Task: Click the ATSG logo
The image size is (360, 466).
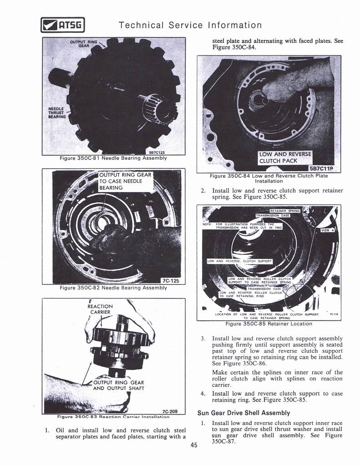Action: click(62, 25)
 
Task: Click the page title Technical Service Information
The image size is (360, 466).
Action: click(190, 25)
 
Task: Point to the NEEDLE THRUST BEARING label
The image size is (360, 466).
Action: click(57, 112)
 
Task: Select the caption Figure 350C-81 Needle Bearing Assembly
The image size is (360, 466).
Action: click(113, 158)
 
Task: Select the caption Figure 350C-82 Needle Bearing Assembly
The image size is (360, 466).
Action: click(113, 288)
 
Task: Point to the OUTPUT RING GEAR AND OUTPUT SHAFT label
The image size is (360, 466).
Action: click(118, 385)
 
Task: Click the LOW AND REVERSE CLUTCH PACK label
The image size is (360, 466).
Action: click(284, 157)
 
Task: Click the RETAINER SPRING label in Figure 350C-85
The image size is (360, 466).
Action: click(285, 211)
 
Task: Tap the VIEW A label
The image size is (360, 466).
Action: click(327, 230)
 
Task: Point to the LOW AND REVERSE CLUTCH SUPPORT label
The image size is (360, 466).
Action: click(239, 261)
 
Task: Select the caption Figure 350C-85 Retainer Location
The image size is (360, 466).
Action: click(269, 324)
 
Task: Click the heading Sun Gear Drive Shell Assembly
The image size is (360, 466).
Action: click(243, 413)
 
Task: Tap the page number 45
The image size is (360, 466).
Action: click(194, 445)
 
